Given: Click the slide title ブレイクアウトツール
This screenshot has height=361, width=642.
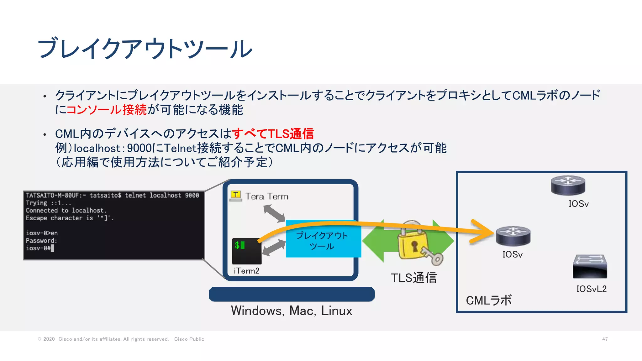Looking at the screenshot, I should pos(145,49).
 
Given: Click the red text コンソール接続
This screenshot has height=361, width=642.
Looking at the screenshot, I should pos(107,110).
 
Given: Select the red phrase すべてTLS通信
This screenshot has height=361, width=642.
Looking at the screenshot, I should pos(273,134).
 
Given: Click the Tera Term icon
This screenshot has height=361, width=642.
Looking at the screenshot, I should pos(236,196).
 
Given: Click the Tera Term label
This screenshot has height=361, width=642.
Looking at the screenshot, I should pos(267,196).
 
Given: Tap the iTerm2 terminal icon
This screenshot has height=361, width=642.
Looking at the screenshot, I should pos(247,251).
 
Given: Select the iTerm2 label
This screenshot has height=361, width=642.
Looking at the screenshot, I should pos(247,271).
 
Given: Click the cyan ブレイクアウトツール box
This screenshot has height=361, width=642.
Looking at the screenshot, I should pos(323,241).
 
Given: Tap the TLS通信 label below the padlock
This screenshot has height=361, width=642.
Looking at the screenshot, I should pos(413,278).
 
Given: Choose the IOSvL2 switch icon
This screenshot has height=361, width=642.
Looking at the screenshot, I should pos(590,267).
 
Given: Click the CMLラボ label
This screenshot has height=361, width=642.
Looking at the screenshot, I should pos(489,301).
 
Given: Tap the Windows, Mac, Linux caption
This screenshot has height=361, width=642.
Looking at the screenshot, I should pos(292,311).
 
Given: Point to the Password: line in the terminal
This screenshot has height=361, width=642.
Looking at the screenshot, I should pos(41,241).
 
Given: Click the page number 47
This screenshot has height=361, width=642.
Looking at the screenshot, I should pos(605,339).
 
